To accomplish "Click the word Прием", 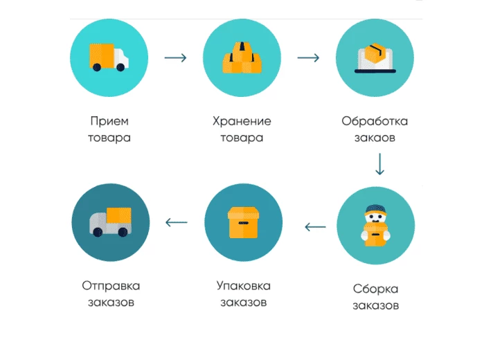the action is pyautogui.click(x=109, y=121).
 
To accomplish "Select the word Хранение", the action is pyautogui.click(x=242, y=121).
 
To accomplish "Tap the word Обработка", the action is pyautogui.click(x=375, y=120).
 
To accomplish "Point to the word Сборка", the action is pyautogui.click(x=376, y=289).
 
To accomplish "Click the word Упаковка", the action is pyautogui.click(x=243, y=286).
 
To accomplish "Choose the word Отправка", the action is pyautogui.click(x=111, y=286).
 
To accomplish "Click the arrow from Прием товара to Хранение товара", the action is pyautogui.click(x=175, y=57).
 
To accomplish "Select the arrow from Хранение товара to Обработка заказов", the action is pyautogui.click(x=308, y=57).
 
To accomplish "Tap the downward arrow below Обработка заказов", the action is pyautogui.click(x=379, y=164).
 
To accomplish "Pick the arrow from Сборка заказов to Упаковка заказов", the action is pyautogui.click(x=315, y=227).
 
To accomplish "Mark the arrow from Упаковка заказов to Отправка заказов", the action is pyautogui.click(x=177, y=222).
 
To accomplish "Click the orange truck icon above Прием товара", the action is pyautogui.click(x=109, y=57).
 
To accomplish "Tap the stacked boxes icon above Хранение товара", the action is pyautogui.click(x=242, y=57).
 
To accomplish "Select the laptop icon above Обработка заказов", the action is pyautogui.click(x=375, y=58).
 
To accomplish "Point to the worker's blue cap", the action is pyautogui.click(x=375, y=208).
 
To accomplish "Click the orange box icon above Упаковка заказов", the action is pyautogui.click(x=243, y=222).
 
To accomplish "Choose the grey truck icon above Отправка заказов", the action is pyautogui.click(x=110, y=222).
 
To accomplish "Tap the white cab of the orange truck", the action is pyautogui.click(x=121, y=58).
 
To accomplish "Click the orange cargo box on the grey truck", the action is pyautogui.click(x=119, y=215).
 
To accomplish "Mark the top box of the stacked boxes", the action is pyautogui.click(x=242, y=51).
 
